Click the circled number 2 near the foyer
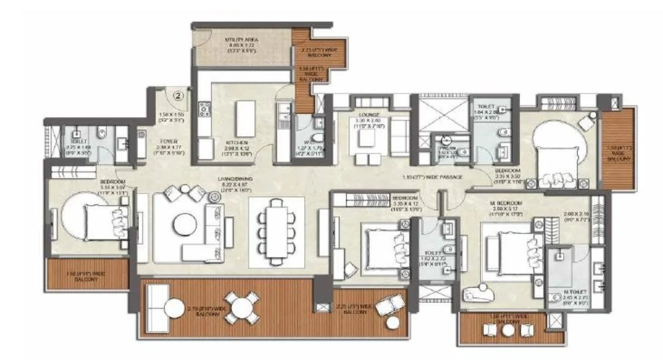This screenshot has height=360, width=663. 178,96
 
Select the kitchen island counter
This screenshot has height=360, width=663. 245,119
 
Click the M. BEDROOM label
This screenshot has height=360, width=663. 507,203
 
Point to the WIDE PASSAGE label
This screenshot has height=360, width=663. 432,177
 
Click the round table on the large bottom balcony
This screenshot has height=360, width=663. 242,308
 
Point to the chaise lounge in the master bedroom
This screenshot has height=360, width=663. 478,293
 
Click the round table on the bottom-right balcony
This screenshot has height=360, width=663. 508,330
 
